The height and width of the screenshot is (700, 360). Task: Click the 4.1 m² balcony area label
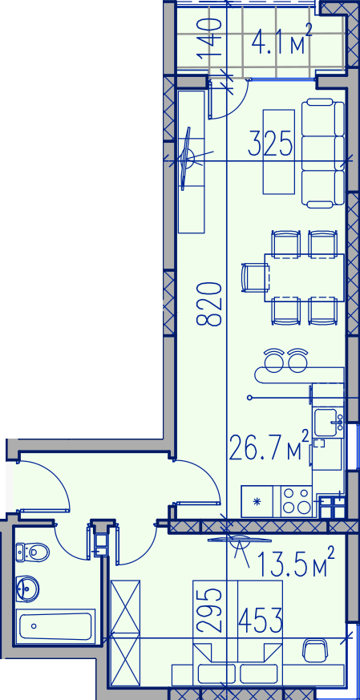click(x=281, y=40)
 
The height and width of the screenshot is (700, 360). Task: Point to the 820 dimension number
click(x=209, y=304)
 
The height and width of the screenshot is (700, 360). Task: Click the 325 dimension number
click(x=271, y=143)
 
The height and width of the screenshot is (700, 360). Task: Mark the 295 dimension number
click(x=209, y=609)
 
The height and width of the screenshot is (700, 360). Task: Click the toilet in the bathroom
click(x=32, y=552)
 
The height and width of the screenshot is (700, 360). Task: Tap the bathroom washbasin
click(x=27, y=589)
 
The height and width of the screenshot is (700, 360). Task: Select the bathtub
click(x=56, y=627)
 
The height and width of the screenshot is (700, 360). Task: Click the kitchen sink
click(x=329, y=422)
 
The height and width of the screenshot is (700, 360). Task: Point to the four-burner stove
click(x=297, y=501)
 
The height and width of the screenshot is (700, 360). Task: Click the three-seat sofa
click(x=323, y=154)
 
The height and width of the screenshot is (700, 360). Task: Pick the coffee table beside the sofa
click(x=279, y=152)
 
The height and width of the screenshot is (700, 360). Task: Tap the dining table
click(x=304, y=277)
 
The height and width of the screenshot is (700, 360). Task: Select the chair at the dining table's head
click(x=255, y=277)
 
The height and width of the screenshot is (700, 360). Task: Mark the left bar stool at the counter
click(x=273, y=360)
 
